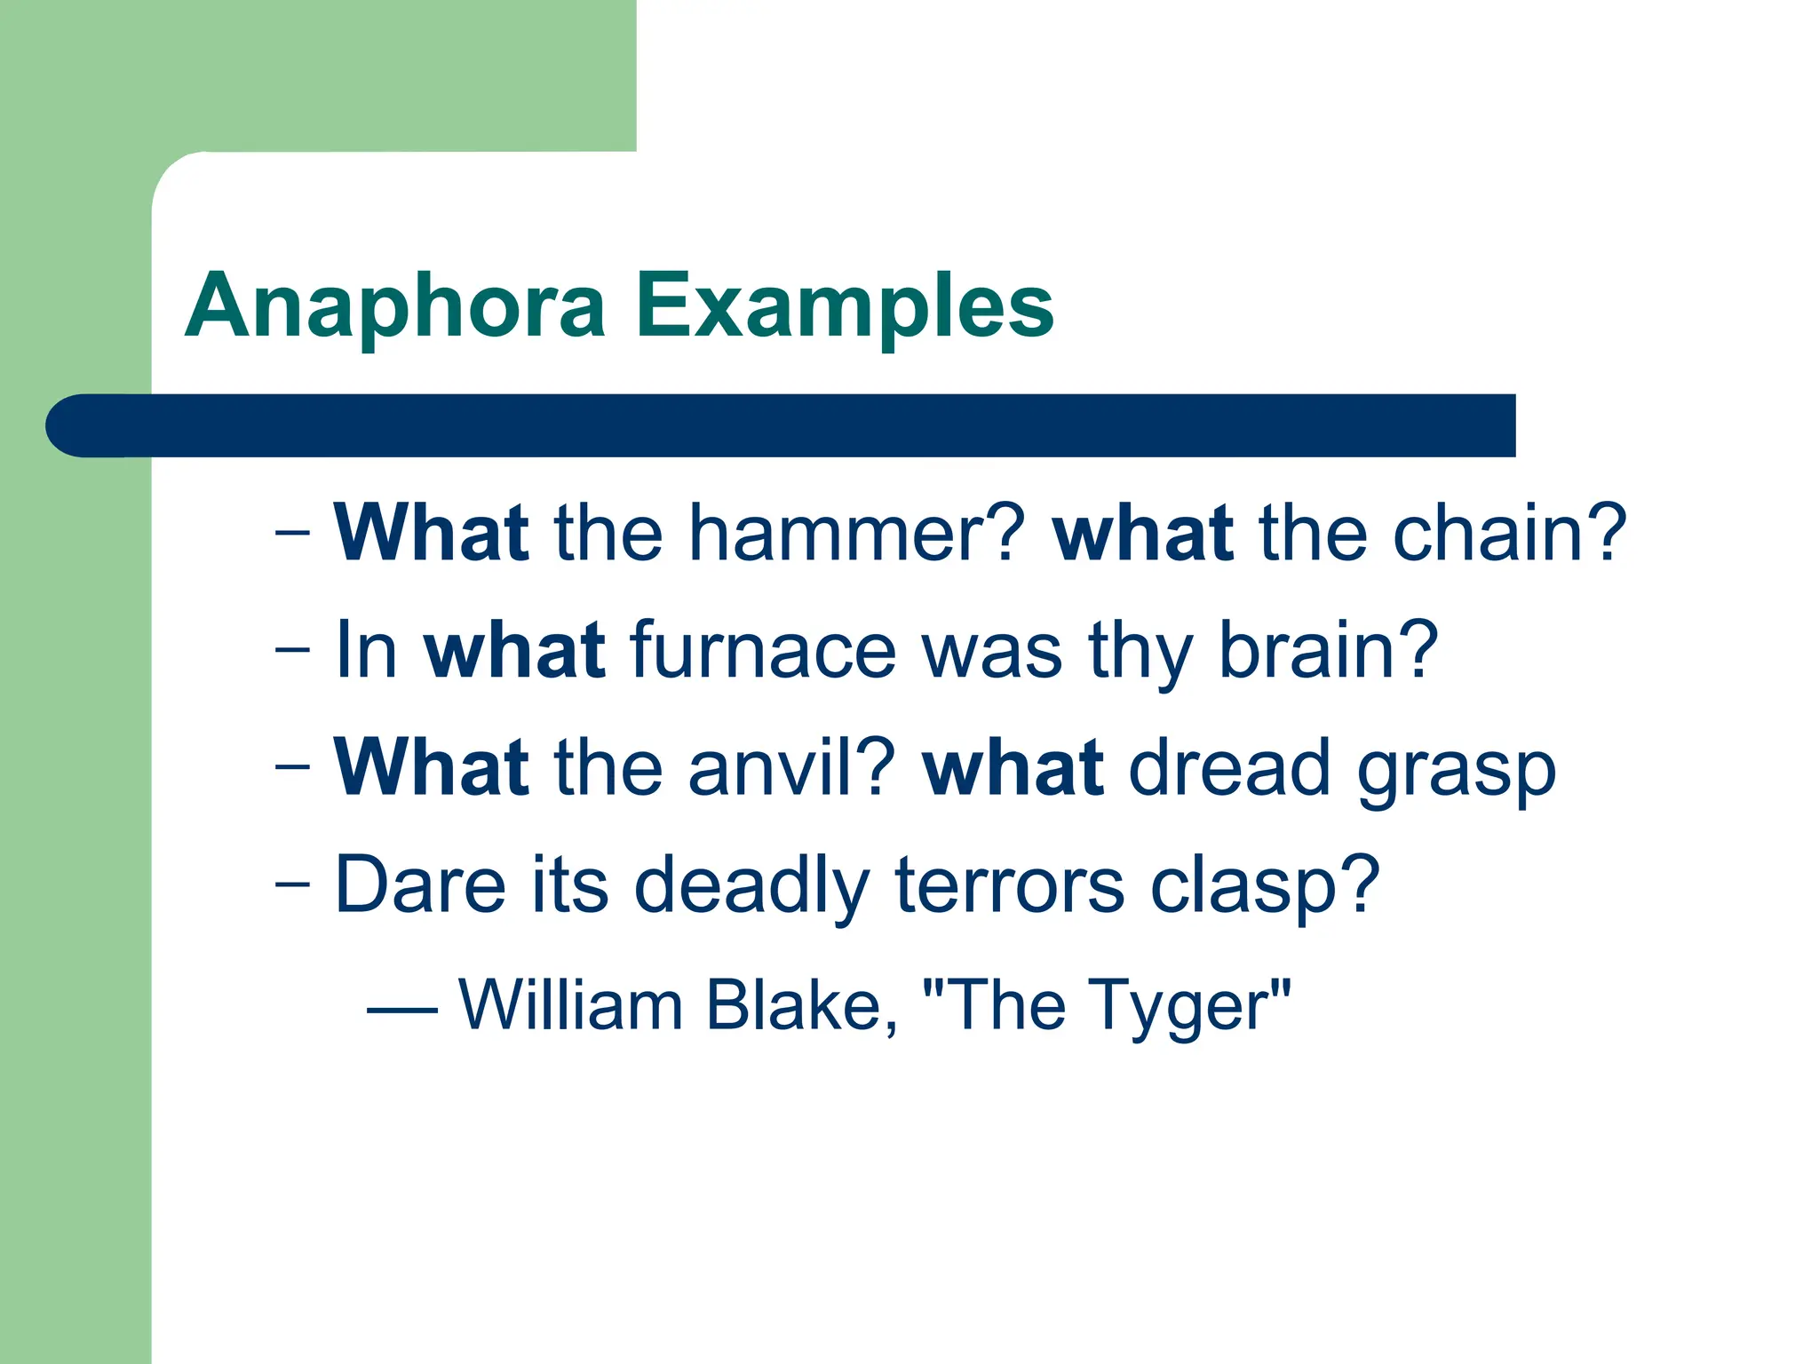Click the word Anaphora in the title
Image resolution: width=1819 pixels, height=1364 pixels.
(395, 306)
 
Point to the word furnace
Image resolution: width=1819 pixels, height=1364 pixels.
(764, 651)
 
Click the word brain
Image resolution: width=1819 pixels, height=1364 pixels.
(1327, 651)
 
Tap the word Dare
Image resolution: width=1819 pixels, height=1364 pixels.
(420, 885)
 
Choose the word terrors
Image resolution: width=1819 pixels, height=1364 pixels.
(1009, 885)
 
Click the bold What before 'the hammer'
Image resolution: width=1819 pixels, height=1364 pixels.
(432, 534)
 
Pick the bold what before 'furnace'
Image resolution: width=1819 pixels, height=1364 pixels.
(515, 651)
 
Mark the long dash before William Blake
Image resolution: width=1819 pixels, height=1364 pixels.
(401, 1011)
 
